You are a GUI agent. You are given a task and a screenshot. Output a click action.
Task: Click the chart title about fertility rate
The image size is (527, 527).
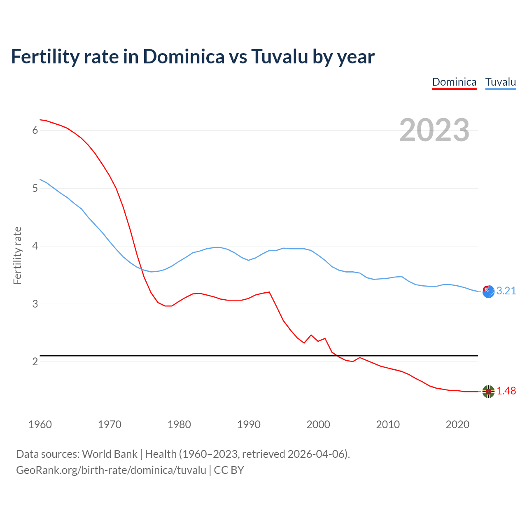click(x=193, y=57)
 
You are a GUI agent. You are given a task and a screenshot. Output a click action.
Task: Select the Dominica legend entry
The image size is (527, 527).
click(x=454, y=82)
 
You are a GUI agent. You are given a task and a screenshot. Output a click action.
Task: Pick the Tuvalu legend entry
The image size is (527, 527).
click(x=500, y=82)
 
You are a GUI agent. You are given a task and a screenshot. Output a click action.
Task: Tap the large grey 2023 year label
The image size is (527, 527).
click(x=434, y=130)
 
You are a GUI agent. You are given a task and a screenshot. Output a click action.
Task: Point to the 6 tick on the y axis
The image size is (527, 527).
click(x=35, y=131)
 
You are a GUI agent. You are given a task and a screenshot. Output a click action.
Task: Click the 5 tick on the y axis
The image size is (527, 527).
click(x=35, y=189)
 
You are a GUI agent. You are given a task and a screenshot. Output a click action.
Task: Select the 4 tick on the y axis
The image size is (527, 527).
click(x=35, y=246)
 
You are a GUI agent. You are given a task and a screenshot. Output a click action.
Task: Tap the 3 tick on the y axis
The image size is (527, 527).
click(x=35, y=304)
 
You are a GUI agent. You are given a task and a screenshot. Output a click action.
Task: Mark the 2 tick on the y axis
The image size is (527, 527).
click(x=35, y=362)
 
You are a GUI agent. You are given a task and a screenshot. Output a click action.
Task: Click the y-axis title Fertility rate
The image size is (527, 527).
click(x=17, y=255)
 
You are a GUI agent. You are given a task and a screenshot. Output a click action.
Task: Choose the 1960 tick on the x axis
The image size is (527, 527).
click(x=40, y=424)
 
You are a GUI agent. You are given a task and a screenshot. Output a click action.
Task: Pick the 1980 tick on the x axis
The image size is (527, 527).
click(x=179, y=424)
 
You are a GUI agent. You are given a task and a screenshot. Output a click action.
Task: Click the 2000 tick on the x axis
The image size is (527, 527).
click(x=318, y=424)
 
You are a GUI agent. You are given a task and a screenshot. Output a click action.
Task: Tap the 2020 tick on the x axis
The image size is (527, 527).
click(x=457, y=424)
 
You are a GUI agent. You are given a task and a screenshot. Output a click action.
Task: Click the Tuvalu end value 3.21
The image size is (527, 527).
click(x=506, y=291)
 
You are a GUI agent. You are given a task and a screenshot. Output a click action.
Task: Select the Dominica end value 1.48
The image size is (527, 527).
click(x=506, y=391)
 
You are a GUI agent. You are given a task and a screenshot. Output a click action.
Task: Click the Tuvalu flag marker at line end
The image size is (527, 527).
click(x=488, y=291)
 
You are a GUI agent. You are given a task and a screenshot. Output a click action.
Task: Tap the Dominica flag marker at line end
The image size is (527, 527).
click(x=488, y=392)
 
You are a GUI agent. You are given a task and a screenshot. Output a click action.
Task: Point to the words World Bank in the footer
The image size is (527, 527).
click(x=110, y=454)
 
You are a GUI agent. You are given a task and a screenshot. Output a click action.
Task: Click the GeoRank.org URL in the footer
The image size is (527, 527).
click(x=111, y=470)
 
